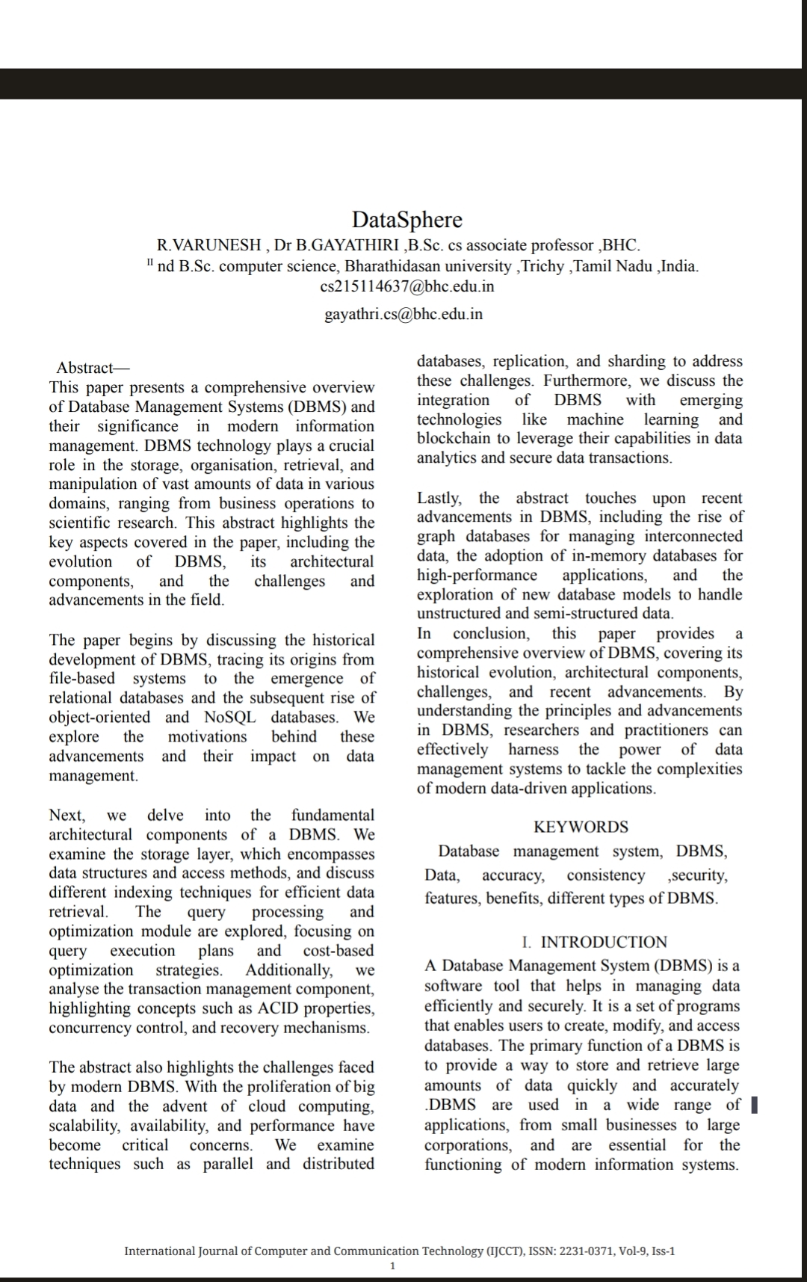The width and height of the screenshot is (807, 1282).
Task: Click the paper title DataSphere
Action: [x=407, y=220]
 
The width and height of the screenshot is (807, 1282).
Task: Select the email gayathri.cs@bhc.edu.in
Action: [x=403, y=314]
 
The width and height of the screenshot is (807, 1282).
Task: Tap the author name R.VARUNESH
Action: [x=208, y=245]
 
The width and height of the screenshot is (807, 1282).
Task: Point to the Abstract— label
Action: [x=93, y=368]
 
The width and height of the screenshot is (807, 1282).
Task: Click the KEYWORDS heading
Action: [x=581, y=827]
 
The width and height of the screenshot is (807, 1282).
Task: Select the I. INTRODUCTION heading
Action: [x=595, y=942]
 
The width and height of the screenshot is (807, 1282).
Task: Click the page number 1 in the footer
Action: [x=393, y=1266]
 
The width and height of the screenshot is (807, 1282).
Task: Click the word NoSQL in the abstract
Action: [x=229, y=718]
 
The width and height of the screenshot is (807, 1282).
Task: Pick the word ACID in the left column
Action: [x=297, y=1008]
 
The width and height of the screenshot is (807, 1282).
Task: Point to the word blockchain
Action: [x=457, y=439]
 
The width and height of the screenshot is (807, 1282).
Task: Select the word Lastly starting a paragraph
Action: [x=439, y=498]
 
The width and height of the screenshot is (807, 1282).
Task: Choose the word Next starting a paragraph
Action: [x=67, y=815]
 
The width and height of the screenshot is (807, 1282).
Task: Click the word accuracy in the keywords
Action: [x=513, y=875]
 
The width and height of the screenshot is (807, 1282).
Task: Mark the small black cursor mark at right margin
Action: [x=754, y=1105]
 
